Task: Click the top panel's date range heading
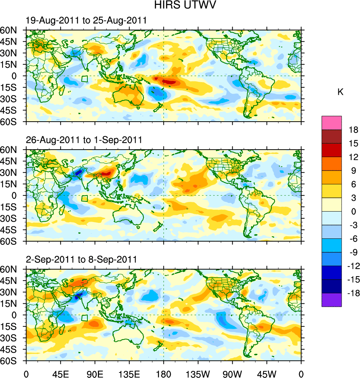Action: (x=86, y=21)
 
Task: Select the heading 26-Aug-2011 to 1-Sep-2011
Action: (x=84, y=140)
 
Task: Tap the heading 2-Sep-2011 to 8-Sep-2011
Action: (x=81, y=259)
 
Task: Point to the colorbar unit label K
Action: (x=340, y=92)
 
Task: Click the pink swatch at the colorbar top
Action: (x=332, y=122)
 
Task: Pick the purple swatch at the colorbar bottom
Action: (x=332, y=300)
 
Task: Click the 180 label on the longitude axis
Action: (x=164, y=373)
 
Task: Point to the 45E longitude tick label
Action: (x=60, y=373)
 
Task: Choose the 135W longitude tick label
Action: (x=198, y=373)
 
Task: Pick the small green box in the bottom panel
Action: (x=85, y=318)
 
